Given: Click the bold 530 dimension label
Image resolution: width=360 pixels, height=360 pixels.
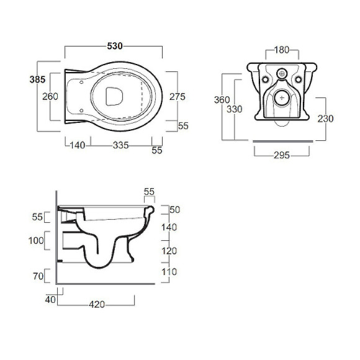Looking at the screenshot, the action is click(x=115, y=46).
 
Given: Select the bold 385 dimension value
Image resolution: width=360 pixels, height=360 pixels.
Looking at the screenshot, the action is click(x=37, y=79).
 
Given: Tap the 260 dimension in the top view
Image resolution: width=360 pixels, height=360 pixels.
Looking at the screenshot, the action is click(x=50, y=96).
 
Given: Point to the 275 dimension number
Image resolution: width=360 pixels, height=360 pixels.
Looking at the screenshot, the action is click(x=178, y=97).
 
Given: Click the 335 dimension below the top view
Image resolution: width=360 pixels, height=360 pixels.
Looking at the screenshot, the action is click(x=121, y=145).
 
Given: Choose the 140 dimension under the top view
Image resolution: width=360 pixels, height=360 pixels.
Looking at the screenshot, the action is click(x=78, y=145).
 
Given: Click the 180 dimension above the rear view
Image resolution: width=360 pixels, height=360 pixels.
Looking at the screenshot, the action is click(x=282, y=50).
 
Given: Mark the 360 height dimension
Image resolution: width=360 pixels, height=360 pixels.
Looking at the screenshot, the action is click(x=222, y=100).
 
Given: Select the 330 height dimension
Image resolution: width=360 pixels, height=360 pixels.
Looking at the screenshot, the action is click(x=235, y=109).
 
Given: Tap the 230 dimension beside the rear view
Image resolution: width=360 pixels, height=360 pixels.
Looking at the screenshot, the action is click(x=326, y=119).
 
